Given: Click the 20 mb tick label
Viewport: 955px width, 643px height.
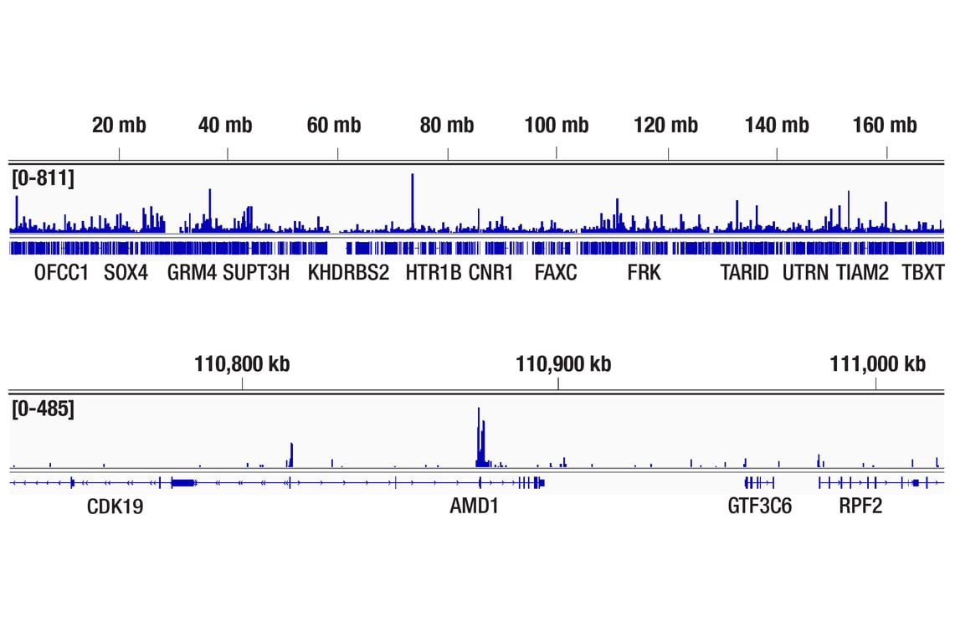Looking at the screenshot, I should coord(119,126).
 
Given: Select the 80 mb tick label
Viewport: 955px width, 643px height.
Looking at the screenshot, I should coord(447,126).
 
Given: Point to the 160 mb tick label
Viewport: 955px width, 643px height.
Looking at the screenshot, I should coord(885,126).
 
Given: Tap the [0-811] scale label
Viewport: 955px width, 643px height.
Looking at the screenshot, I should coord(43,177).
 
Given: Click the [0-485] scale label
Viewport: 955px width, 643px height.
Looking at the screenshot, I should coord(43,409).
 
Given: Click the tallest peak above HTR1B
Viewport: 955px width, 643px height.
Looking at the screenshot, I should coord(412,201).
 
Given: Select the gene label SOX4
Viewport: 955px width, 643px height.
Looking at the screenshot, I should coord(126,273).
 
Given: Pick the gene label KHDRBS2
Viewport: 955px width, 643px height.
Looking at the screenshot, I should coord(348,273).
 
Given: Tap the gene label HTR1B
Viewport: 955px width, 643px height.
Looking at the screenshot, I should coord(434,273).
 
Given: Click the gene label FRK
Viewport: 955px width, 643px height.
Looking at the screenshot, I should coord(644,273).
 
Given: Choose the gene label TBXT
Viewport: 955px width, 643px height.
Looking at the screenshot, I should coord(922,273).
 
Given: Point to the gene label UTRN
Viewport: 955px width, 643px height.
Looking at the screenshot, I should coord(805,273).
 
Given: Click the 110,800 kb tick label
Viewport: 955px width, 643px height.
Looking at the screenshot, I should coord(242,364).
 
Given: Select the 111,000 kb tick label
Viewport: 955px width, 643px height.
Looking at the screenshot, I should coord(877,364).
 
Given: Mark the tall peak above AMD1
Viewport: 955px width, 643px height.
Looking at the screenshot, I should coord(479,435).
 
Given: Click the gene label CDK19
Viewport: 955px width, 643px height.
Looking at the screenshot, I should coord(115,507).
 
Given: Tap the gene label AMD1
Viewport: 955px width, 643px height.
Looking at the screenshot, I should coord(474,507).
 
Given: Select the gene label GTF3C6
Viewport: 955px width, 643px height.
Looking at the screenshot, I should coord(760,507).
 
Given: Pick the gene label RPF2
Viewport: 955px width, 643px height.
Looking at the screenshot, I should coord(860,507).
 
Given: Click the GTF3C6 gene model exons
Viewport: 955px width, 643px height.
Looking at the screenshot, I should coord(758,482).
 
